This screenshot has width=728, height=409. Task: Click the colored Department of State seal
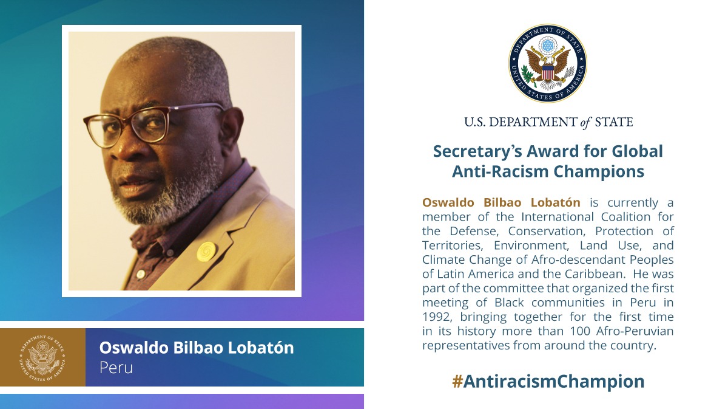[x=548, y=63]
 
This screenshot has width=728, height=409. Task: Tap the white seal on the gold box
[x=42, y=358]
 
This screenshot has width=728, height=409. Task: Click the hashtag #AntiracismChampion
[x=548, y=381]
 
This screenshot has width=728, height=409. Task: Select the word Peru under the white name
[x=116, y=368]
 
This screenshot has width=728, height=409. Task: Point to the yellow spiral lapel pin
[x=206, y=252]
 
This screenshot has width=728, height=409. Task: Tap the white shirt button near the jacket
[x=140, y=274]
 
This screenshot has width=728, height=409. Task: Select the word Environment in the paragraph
[x=531, y=246]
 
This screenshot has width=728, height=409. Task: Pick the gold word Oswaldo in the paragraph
[x=448, y=202]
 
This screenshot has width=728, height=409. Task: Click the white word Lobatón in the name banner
[x=261, y=348]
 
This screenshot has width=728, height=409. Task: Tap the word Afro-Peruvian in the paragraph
[x=635, y=331]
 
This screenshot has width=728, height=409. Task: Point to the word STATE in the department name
[x=614, y=122]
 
